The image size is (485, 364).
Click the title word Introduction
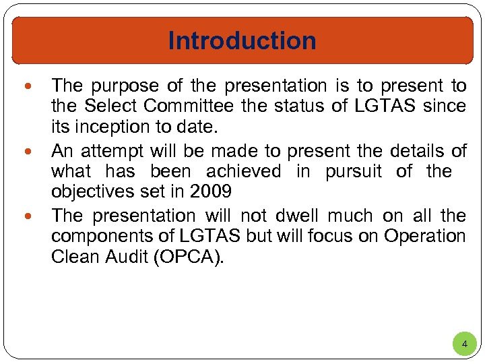click(242, 40)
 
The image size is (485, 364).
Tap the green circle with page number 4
click(463, 344)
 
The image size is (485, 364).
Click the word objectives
click(92, 192)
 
